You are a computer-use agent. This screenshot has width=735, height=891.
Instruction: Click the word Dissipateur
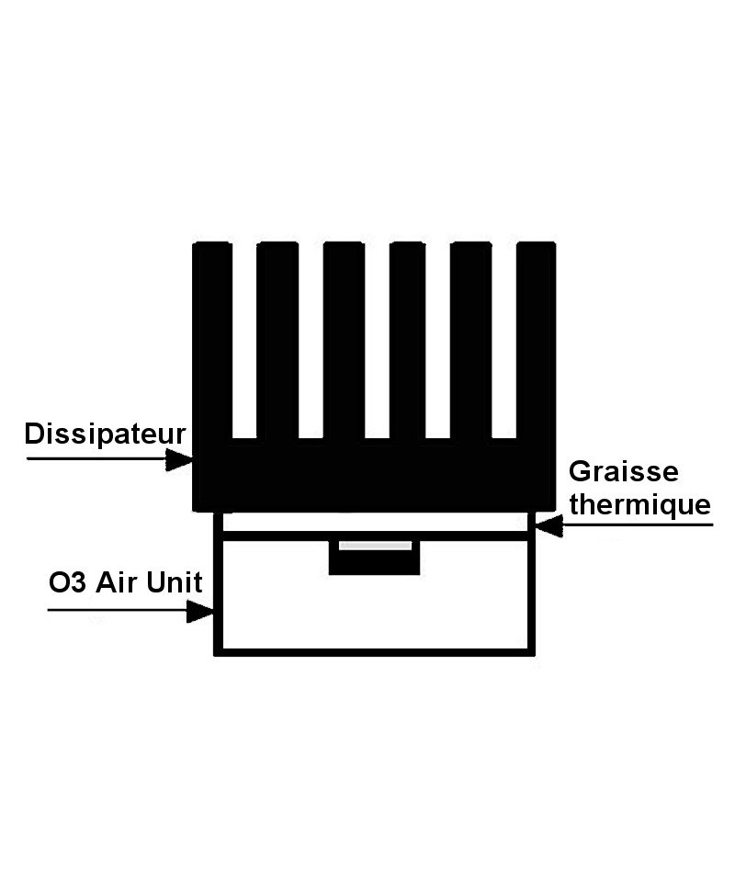(x=105, y=434)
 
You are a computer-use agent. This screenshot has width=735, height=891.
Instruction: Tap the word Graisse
(x=624, y=471)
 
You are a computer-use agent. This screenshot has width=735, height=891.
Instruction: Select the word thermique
(x=640, y=504)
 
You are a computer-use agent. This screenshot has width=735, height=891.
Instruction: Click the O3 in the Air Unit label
(x=67, y=582)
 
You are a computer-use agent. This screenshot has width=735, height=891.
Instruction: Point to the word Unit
(x=174, y=582)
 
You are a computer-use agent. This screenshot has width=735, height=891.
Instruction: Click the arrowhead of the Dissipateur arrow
(x=179, y=458)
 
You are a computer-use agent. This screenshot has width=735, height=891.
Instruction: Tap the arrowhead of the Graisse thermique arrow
(x=549, y=525)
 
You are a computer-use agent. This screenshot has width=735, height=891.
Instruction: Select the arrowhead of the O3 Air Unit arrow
(x=200, y=612)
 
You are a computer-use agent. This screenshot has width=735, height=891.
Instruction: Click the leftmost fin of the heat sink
(x=212, y=340)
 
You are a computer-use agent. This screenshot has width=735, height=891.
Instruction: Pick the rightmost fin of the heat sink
(x=536, y=340)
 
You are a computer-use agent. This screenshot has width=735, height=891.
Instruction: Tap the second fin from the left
(x=277, y=340)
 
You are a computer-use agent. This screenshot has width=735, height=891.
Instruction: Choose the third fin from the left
(x=344, y=340)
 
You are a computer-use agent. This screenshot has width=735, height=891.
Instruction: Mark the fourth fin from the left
(x=408, y=340)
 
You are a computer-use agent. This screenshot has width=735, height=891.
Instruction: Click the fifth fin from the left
(x=470, y=340)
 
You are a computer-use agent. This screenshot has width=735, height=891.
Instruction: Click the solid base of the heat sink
(x=374, y=475)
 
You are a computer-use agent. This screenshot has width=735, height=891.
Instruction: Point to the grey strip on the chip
(x=376, y=546)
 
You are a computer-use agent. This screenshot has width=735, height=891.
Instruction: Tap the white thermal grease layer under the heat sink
(x=375, y=522)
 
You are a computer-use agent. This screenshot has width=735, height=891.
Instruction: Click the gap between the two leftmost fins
(x=244, y=340)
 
